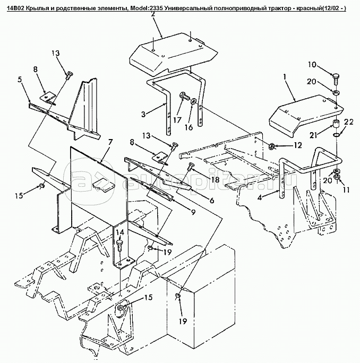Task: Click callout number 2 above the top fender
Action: [153, 14]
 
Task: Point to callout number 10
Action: [312, 65]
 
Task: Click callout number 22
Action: [349, 122]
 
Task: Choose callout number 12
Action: [297, 145]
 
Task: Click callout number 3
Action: [143, 114]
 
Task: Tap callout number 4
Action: [260, 197]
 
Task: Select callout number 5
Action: [20, 80]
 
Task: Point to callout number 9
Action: [193, 212]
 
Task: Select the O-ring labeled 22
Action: [336, 134]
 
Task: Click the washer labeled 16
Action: [193, 102]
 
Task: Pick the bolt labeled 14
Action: [119, 245]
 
